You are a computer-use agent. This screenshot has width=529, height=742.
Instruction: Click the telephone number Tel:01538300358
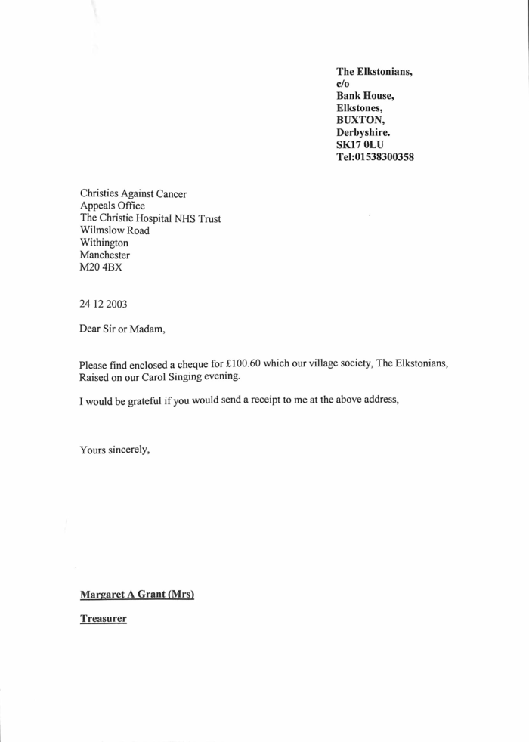click(375, 158)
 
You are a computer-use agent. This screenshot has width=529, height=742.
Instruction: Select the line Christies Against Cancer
click(133, 194)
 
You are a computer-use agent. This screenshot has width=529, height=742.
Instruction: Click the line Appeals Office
click(112, 206)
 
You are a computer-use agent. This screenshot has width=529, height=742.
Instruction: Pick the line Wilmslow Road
click(114, 230)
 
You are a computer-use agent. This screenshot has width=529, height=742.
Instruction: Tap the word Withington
click(104, 243)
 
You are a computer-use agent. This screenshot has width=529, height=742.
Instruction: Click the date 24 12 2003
click(104, 305)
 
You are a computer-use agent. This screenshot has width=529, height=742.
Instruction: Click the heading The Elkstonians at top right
click(374, 71)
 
